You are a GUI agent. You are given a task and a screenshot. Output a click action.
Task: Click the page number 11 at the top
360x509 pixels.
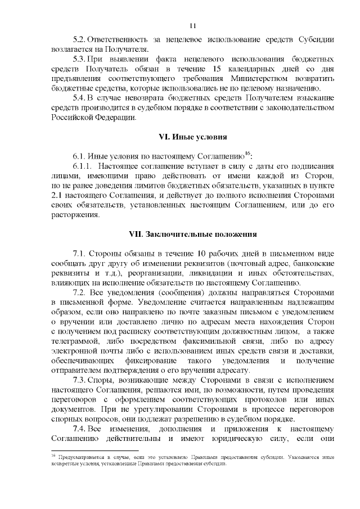coord(192,25)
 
